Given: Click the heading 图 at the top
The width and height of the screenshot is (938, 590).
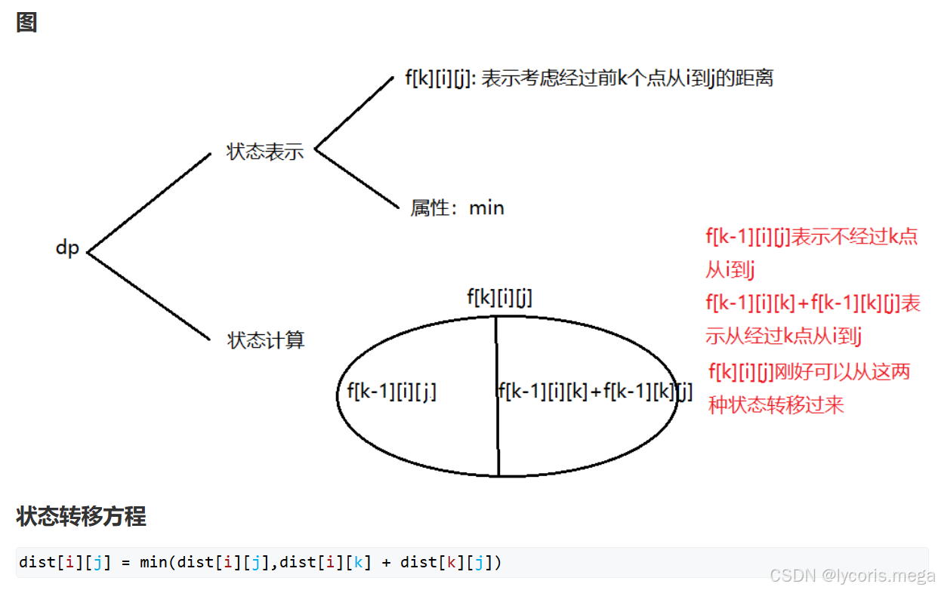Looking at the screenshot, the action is (x=26, y=23).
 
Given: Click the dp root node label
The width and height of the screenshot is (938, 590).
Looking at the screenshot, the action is (x=67, y=247).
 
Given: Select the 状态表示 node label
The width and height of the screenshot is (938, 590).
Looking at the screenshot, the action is (x=265, y=151).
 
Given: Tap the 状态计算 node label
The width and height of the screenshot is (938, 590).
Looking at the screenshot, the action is (x=266, y=340).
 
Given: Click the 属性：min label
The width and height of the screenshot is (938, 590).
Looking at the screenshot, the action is (x=457, y=207).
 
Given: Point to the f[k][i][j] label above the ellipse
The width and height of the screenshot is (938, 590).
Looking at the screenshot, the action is (x=499, y=298).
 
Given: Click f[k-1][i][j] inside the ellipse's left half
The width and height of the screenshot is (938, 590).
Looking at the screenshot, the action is (x=392, y=391).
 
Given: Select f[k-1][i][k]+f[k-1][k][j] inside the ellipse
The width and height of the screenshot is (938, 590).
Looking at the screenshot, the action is (x=595, y=391).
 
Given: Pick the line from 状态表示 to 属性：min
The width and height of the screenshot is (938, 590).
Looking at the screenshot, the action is (x=356, y=178).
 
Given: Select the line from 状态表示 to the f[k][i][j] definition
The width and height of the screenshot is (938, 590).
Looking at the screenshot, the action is (x=353, y=113).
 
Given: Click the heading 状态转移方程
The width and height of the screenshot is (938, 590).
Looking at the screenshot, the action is (x=81, y=517).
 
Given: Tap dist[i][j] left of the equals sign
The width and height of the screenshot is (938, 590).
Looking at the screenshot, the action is (x=64, y=562).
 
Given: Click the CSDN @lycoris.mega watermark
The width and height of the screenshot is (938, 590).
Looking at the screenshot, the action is (x=856, y=576).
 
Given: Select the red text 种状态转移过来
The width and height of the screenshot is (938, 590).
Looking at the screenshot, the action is (x=776, y=405).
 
